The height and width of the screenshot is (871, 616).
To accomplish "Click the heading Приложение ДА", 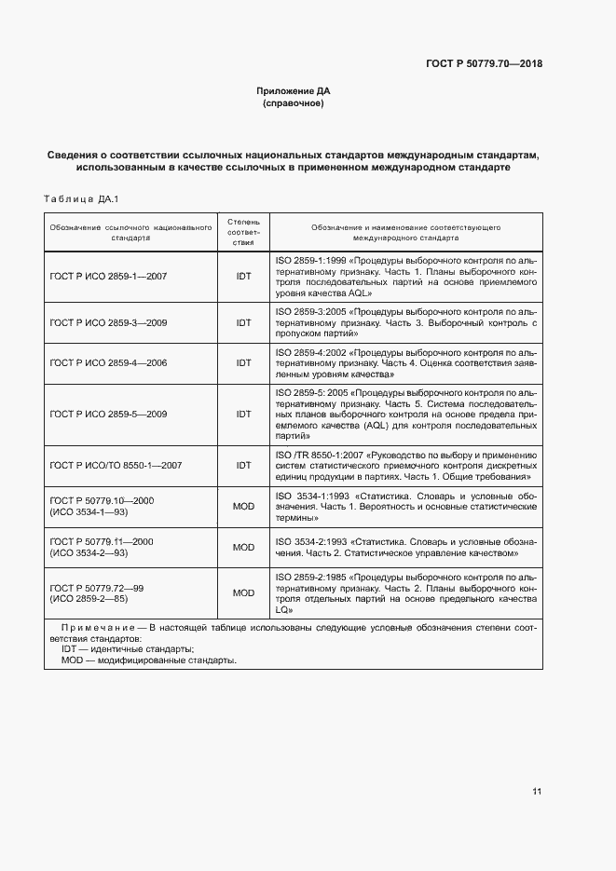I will point(294,91).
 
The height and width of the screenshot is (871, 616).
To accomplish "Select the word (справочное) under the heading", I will point(294,103).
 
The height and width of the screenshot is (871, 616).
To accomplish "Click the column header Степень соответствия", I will point(243,232).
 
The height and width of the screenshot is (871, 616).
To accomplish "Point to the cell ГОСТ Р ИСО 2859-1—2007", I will point(108,276).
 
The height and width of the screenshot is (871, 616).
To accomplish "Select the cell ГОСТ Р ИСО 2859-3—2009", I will point(108,322).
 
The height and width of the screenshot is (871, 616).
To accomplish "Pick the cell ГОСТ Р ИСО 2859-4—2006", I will point(108,362).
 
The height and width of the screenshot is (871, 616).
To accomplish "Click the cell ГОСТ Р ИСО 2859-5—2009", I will point(108,414).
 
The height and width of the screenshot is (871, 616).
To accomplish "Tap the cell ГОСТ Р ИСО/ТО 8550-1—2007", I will point(116,464).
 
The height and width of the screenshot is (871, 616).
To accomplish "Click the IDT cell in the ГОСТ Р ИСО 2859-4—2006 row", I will point(243,362).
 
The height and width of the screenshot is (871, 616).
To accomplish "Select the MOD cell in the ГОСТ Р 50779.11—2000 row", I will point(243,547).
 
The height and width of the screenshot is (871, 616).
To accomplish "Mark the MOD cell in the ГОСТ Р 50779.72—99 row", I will point(243,592).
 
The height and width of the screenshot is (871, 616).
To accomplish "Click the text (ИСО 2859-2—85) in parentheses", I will point(89,599).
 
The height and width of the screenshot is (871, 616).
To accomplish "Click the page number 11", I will point(537,792).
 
